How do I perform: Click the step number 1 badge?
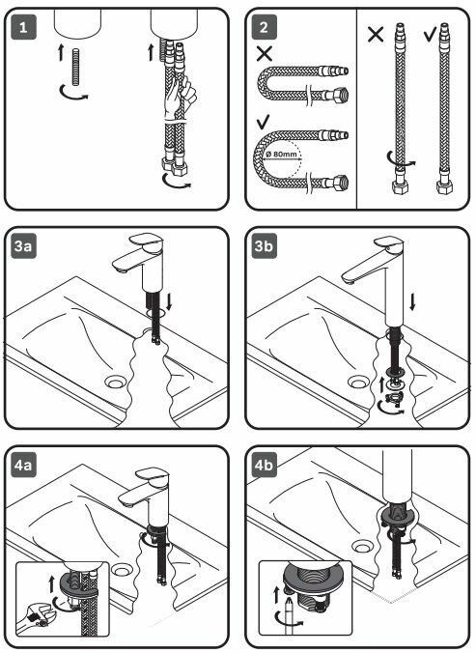[23, 27]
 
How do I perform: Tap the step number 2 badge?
[264, 27]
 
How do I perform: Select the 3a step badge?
[23, 246]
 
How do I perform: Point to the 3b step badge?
[264, 246]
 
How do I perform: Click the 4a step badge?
[23, 465]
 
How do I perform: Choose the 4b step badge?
[264, 465]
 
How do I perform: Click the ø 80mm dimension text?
[282, 155]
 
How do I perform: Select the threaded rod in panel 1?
[76, 67]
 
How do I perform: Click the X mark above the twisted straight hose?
[376, 34]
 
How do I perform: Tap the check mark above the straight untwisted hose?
[430, 34]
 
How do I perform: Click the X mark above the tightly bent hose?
[265, 53]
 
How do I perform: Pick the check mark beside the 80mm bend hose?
[264, 122]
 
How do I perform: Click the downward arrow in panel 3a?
[169, 301]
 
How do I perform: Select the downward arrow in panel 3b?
[412, 302]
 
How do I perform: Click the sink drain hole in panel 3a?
[116, 382]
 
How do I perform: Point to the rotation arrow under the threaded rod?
[73, 95]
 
